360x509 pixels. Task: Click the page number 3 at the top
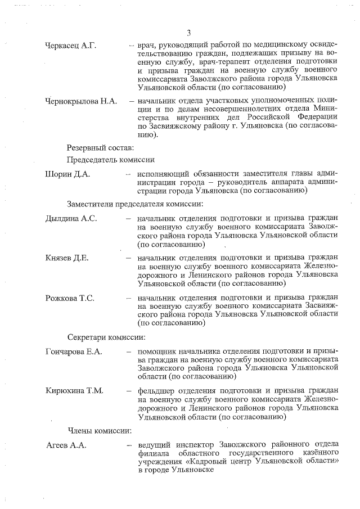[x=189, y=32]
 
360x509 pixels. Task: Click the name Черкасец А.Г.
[x=71, y=46]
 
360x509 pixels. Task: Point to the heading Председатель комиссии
[x=111, y=160]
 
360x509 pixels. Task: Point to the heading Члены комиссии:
[x=100, y=431]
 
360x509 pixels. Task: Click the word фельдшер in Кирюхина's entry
[x=160, y=391]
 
